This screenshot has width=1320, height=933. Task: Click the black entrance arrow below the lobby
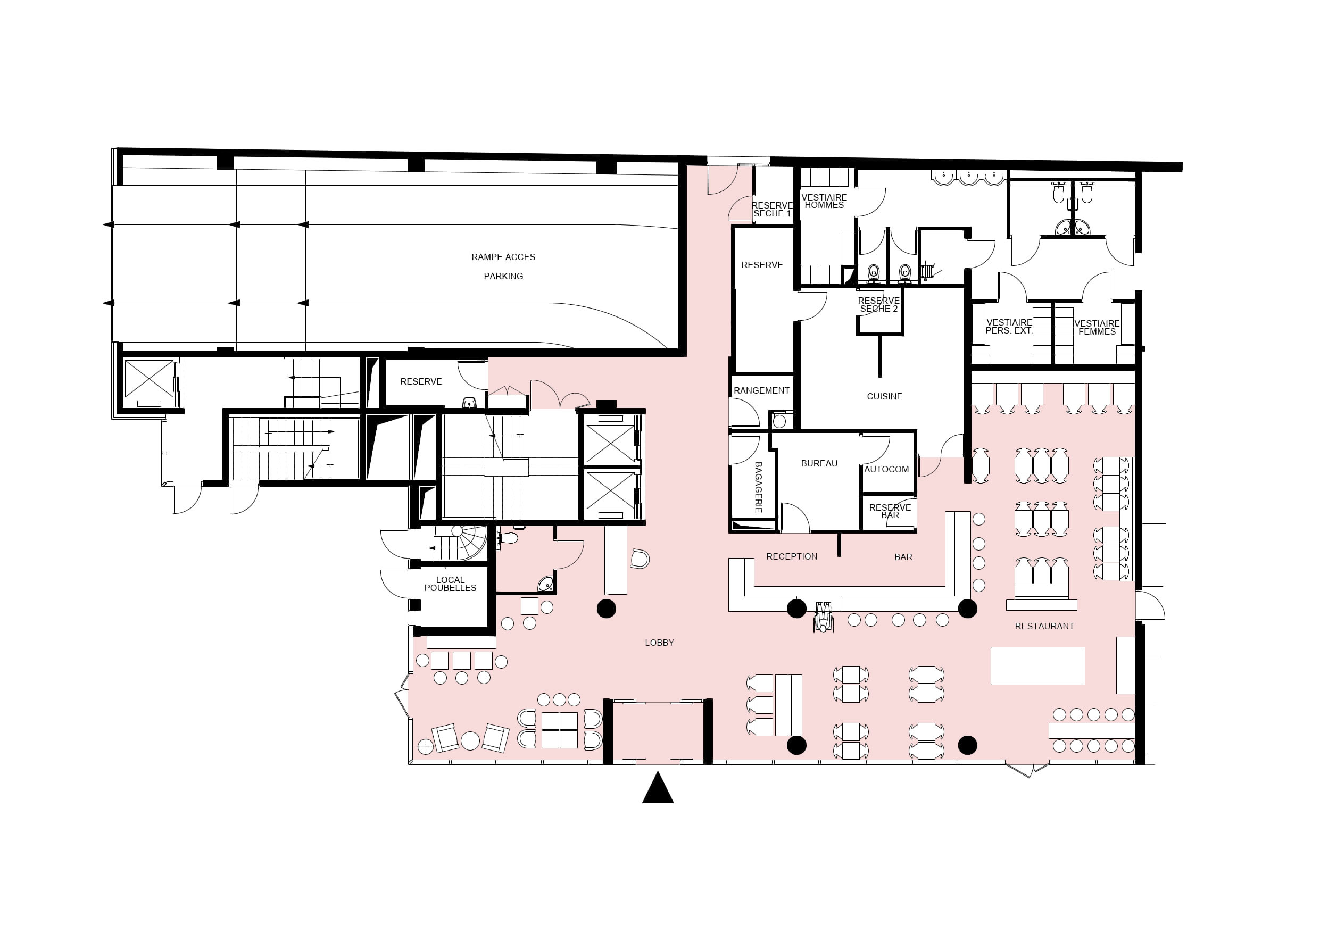658,789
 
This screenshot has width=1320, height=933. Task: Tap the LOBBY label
659,643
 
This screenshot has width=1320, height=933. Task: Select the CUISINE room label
884,397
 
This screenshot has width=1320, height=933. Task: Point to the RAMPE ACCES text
503,257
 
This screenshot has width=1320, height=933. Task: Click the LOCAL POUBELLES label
450,584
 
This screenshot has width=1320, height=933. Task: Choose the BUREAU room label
819,463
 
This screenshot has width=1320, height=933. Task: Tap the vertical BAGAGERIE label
758,487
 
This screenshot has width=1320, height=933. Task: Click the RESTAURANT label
1044,626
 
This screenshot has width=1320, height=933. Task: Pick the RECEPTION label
792,556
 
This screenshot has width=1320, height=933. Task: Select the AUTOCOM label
886,469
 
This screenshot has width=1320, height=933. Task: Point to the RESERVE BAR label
890,511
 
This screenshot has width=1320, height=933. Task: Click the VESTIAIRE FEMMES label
1097,328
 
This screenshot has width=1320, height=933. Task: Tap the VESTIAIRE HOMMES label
825,201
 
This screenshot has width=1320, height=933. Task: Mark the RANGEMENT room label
762,390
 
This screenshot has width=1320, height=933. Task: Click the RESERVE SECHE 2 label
878,305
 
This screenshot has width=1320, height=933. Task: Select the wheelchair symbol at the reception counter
823,617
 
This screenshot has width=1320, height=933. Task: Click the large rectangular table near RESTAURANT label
1037,665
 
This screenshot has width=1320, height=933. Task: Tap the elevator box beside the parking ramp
149,379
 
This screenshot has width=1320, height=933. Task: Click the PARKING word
503,276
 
